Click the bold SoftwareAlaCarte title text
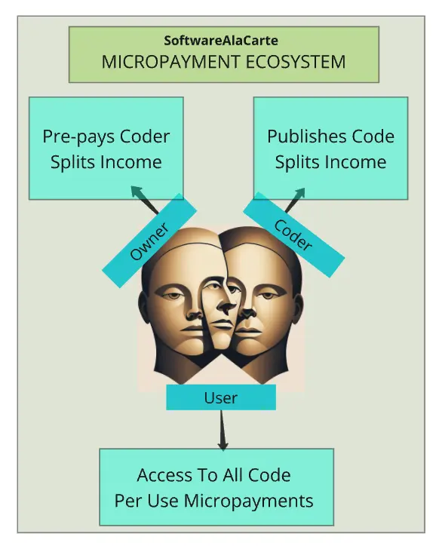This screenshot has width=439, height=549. (x=221, y=41)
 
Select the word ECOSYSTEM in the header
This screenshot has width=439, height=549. (x=296, y=62)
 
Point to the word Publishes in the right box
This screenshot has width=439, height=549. (x=307, y=136)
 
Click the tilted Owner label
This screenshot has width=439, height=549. (x=149, y=241)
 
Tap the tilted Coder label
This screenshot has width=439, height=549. (x=293, y=235)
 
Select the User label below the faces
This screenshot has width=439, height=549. (x=221, y=397)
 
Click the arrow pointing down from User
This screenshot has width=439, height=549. (x=222, y=430)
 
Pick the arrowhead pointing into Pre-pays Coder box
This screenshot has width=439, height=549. (x=137, y=192)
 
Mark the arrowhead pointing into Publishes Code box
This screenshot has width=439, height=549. (x=299, y=194)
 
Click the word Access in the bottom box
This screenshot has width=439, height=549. (x=164, y=475)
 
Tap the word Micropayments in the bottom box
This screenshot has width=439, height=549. (x=248, y=501)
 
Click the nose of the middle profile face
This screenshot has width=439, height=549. (x=228, y=306)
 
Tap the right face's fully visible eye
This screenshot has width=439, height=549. (x=269, y=296)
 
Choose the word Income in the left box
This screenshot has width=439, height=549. (x=131, y=162)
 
